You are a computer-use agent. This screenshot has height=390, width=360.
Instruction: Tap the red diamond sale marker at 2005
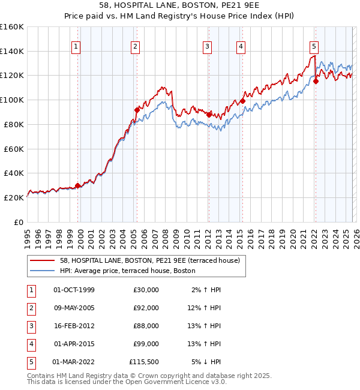tap(137, 110)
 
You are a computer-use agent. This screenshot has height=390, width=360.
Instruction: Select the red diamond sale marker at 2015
tap(242, 101)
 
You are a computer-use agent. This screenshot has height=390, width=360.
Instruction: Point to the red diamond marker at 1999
tap(77, 185)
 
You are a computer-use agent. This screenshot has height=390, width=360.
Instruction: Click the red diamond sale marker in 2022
tap(316, 81)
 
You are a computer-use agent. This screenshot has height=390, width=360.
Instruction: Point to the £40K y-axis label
tap(13, 173)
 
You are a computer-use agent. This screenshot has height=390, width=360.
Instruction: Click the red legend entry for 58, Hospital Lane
tap(149, 260)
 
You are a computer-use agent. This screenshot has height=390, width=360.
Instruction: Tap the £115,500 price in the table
tap(145, 362)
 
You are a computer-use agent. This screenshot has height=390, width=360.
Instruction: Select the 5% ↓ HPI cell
tap(206, 362)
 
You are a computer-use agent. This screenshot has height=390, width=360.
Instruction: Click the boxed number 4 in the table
tap(30, 344)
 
